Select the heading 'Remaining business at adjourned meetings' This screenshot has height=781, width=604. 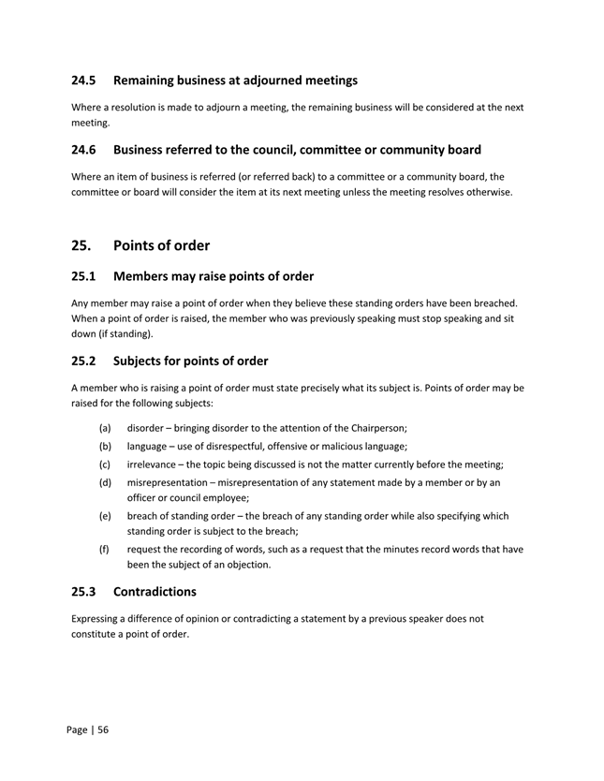click(235, 81)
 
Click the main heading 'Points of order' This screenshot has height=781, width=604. click(161, 245)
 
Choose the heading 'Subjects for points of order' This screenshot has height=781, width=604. click(190, 361)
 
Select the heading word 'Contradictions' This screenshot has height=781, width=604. click(155, 592)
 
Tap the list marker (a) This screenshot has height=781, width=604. click(106, 427)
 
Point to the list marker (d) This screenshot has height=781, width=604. click(106, 483)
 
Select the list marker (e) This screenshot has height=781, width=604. click(106, 516)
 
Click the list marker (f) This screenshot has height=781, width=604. click(106, 549)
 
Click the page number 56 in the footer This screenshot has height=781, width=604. click(103, 729)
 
